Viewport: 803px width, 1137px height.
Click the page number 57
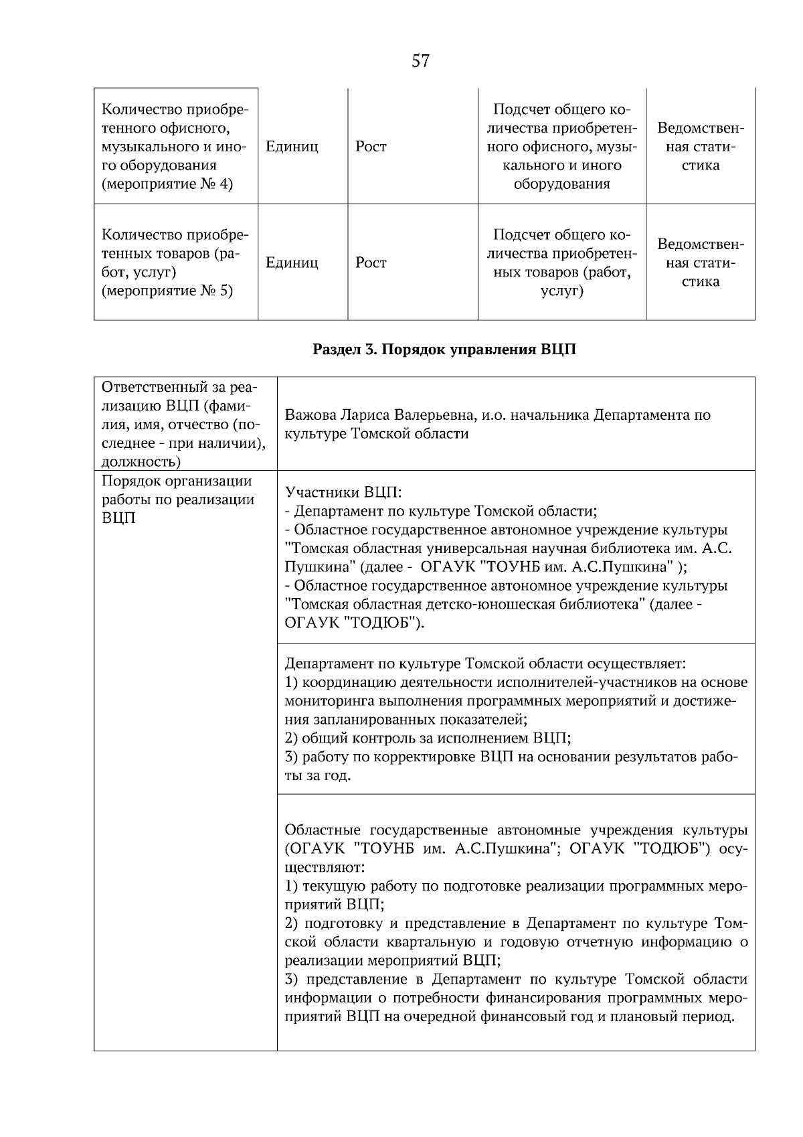[420, 62]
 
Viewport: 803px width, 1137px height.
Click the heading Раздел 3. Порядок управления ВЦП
[444, 350]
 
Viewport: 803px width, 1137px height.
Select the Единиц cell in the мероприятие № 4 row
[292, 147]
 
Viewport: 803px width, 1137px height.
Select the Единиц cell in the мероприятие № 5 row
[292, 262]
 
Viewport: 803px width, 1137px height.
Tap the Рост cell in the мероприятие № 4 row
[371, 147]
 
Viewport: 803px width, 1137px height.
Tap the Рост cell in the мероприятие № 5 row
[371, 262]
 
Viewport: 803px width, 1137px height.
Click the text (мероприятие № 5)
[167, 291]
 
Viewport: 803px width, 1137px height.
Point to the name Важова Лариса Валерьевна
[379, 414]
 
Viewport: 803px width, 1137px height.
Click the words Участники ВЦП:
[343, 493]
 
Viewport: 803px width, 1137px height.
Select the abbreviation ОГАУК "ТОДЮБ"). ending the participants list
[355, 623]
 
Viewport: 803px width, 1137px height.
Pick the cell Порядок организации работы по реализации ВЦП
[177, 500]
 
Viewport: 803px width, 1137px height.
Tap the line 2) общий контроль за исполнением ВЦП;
[428, 739]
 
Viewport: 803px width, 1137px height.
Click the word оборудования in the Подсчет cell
[561, 184]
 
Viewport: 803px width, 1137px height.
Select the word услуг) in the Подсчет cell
[561, 291]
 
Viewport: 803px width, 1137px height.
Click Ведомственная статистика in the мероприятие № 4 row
[700, 147]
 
